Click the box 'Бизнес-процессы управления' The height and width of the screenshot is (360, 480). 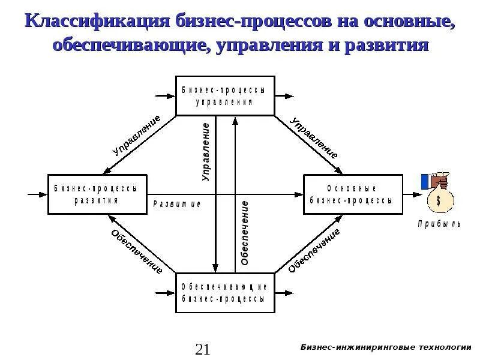coord(224,95)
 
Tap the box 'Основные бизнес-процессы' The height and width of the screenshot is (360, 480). coord(352,194)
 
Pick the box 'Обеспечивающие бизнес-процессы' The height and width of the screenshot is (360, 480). coord(224,293)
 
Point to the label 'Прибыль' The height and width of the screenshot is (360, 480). coord(439,224)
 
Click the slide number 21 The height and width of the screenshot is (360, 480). coord(202,349)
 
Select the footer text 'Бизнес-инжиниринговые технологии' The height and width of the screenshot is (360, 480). coord(385,347)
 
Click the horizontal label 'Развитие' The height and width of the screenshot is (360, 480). coord(177,204)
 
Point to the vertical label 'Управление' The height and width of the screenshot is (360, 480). coord(206,152)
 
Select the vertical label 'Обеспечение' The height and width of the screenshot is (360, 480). coord(245,234)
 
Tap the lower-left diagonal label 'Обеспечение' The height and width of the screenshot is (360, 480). coord(137,251)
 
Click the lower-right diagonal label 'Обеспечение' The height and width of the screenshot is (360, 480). coord(314,250)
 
